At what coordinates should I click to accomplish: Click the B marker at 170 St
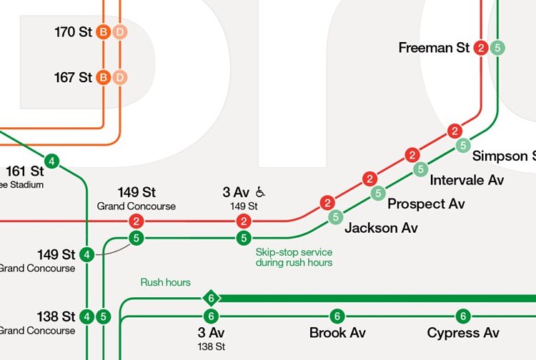click(103, 31)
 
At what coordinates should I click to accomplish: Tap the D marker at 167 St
click(120, 76)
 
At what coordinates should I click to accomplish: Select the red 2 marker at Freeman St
click(481, 48)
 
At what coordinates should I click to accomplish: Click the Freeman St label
click(434, 48)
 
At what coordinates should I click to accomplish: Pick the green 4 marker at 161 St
click(51, 161)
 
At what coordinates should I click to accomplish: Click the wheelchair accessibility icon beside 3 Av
click(261, 191)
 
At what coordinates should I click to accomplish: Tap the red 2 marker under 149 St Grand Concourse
click(136, 221)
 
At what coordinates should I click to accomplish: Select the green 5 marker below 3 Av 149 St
click(244, 238)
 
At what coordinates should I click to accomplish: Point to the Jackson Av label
click(381, 229)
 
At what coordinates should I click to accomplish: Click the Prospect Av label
click(426, 204)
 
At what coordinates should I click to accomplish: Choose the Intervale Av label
click(467, 180)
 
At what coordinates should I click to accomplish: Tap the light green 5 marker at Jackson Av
click(334, 217)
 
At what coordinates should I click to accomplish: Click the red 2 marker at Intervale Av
click(412, 155)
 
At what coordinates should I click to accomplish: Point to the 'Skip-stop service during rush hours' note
click(294, 257)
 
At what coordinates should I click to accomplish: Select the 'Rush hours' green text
click(165, 282)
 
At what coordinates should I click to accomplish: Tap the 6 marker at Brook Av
click(337, 316)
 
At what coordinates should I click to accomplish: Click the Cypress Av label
click(463, 333)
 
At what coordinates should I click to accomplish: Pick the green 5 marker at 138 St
click(103, 316)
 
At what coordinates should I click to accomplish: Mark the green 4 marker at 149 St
click(86, 254)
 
